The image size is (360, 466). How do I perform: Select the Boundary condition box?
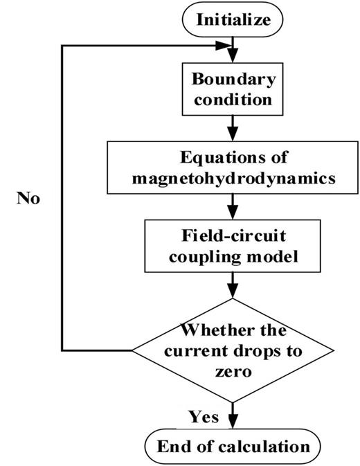234,88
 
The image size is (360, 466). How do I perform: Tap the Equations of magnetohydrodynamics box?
234,167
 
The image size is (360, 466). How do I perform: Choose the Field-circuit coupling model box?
234,244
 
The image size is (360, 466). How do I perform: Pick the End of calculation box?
234,446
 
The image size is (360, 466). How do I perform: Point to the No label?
29,199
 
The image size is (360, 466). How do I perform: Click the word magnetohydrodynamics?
234,178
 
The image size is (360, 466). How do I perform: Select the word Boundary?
234,78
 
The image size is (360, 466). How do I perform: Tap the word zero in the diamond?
234,370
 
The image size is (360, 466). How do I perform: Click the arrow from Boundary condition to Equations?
234,127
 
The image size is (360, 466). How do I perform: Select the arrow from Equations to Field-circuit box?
234,206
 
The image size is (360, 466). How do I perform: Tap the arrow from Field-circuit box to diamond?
234,284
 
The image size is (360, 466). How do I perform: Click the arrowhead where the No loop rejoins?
226,46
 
